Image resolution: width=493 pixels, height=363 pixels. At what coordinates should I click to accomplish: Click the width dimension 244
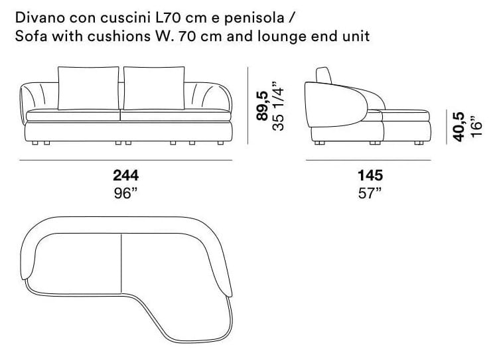pos(126,175)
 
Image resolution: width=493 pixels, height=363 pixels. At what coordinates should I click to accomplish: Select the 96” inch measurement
pos(126,193)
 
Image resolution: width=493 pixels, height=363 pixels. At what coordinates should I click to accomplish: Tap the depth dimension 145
pos(370,175)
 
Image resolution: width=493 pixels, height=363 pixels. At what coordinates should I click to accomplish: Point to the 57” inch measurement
pos(370,193)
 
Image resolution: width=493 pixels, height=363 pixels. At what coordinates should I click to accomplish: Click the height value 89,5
pos(262,106)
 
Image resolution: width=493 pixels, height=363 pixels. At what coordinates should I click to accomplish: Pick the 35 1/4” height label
pos(278,106)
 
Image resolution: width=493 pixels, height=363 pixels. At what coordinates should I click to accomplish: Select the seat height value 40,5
pos(458,127)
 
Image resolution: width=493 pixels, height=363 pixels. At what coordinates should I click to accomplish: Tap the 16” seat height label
pos(476,127)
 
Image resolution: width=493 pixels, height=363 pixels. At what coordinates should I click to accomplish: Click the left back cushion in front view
pos(89,88)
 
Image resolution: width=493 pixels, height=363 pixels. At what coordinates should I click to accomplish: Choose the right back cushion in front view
pos(154,88)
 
